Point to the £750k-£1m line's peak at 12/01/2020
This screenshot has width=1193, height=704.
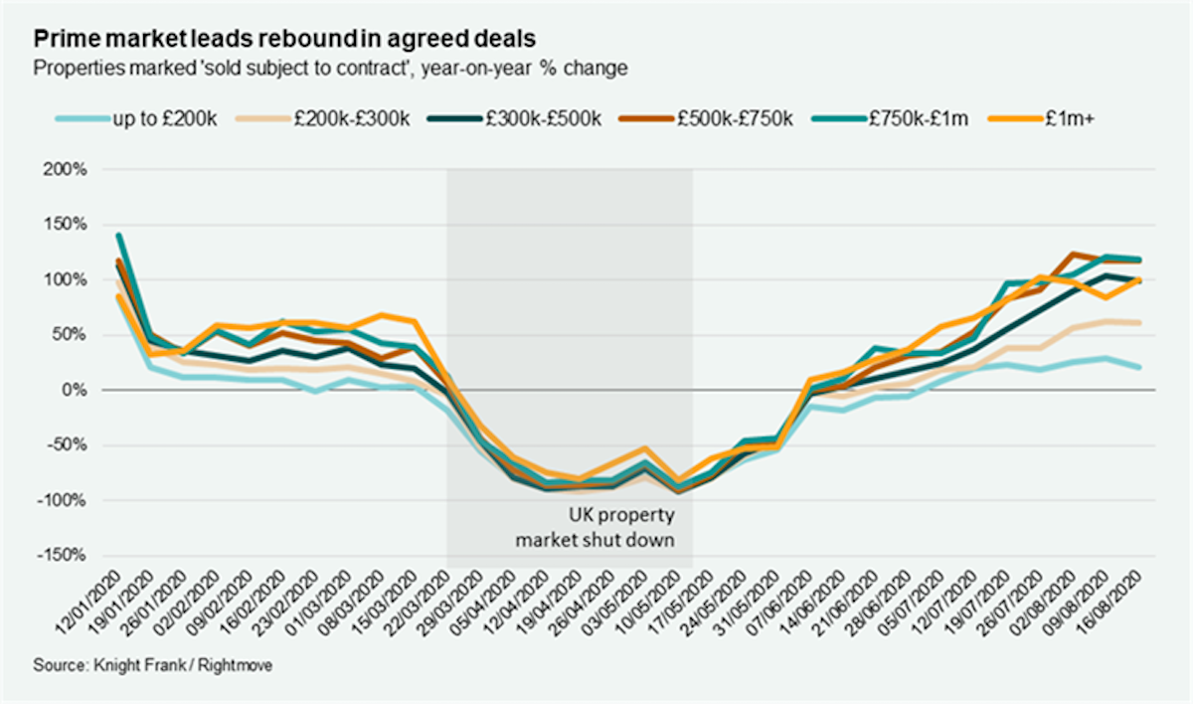click(x=118, y=236)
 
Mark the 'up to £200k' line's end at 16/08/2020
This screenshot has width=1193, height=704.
click(x=1139, y=367)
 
